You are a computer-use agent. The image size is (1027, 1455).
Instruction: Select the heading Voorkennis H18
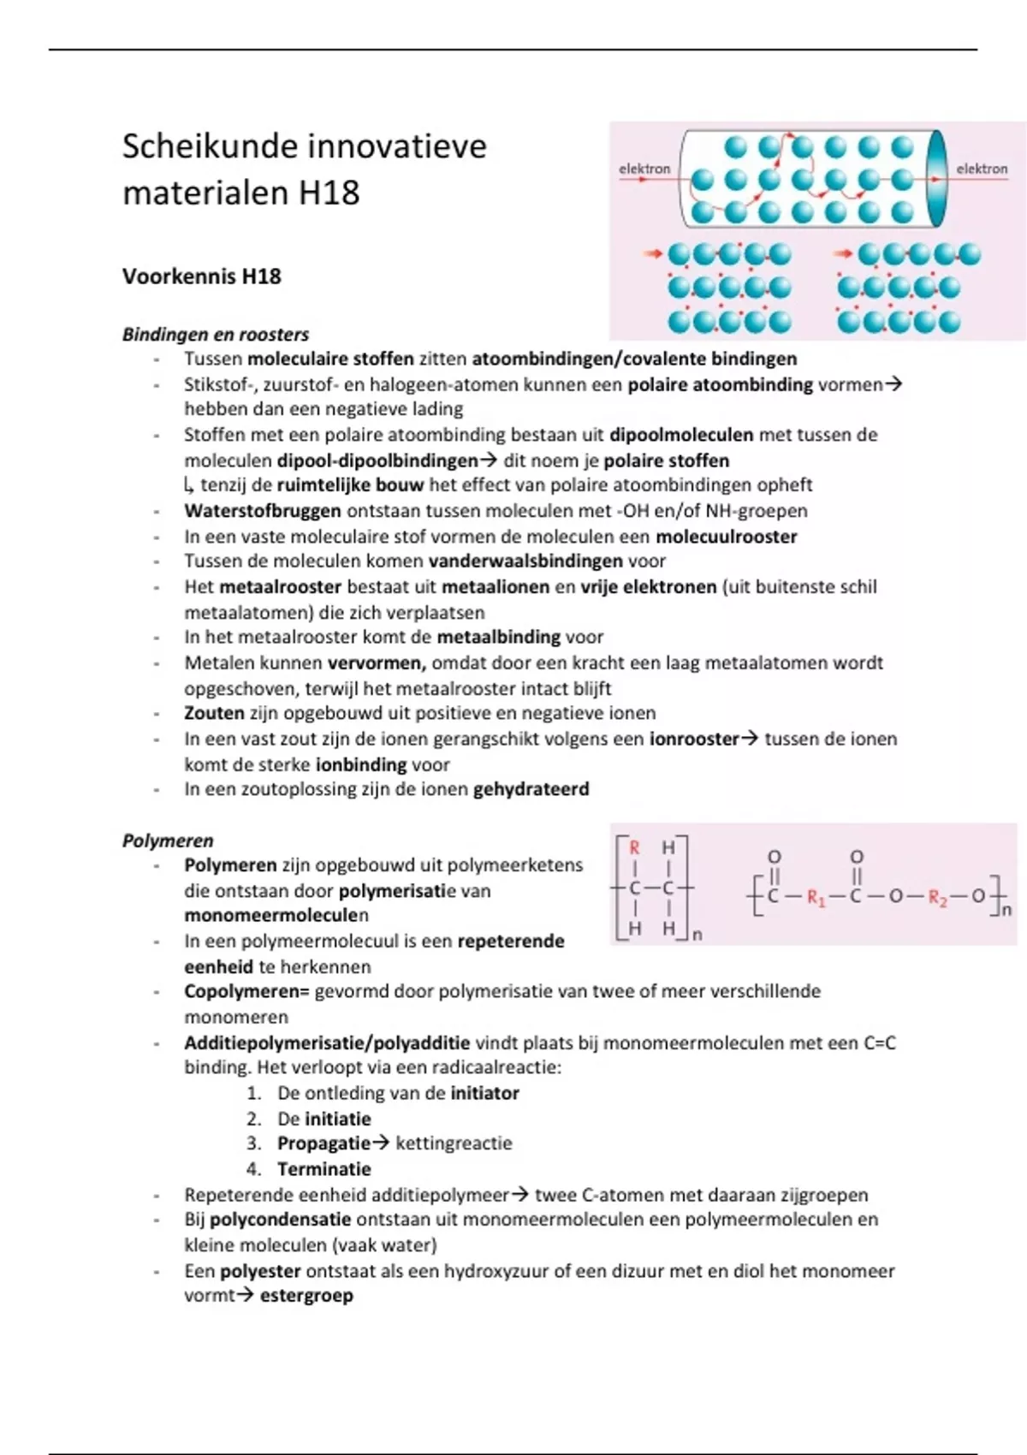[x=202, y=276]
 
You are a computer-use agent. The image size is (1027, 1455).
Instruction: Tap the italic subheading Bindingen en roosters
[x=216, y=335]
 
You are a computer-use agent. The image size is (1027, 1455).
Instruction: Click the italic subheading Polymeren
[x=168, y=840]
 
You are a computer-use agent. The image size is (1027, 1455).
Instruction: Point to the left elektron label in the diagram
[x=644, y=169]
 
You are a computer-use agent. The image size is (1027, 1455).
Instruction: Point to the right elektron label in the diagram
[x=982, y=169]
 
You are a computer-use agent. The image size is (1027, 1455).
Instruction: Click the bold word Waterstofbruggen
[x=263, y=511]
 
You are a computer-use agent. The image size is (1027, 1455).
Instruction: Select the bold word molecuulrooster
[x=727, y=537]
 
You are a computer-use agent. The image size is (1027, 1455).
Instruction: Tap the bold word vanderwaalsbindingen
[x=525, y=561]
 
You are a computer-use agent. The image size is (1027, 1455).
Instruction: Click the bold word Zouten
[x=214, y=713]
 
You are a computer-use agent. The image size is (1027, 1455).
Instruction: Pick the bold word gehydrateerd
[x=531, y=789]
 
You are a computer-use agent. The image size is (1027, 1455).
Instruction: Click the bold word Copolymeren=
[x=246, y=992]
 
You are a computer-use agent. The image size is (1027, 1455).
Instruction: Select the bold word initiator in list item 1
[x=484, y=1093]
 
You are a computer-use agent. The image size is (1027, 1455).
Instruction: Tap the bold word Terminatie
[x=324, y=1169]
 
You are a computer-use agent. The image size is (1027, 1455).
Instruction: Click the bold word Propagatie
[x=324, y=1143]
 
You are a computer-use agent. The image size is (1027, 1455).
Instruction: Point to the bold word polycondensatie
[x=281, y=1220]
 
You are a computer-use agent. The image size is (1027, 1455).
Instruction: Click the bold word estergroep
[x=306, y=1296]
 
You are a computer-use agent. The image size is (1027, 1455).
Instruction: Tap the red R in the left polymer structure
[x=634, y=848]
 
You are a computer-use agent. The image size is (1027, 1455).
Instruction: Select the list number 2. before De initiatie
[x=253, y=1119]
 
